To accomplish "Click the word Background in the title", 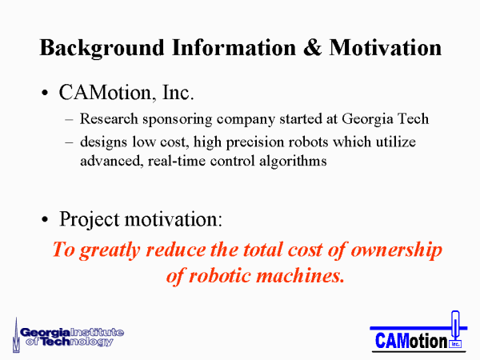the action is click(102, 49).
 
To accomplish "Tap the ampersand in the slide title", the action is click(312, 48).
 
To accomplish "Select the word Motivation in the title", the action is click(386, 48).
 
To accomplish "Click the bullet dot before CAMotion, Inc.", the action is click(45, 93).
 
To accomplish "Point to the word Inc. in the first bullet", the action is click(178, 92).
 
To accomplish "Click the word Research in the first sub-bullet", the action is click(109, 118).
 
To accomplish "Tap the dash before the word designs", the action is click(69, 142).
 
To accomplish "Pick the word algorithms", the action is click(293, 162).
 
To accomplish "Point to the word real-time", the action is click(177, 161).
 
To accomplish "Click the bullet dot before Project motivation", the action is click(45, 219).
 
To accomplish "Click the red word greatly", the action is click(110, 250).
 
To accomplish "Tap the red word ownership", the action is click(397, 250).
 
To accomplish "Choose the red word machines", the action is click(300, 275).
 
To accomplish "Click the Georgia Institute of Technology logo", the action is click(68, 337).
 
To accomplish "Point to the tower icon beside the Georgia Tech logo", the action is click(16, 335).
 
